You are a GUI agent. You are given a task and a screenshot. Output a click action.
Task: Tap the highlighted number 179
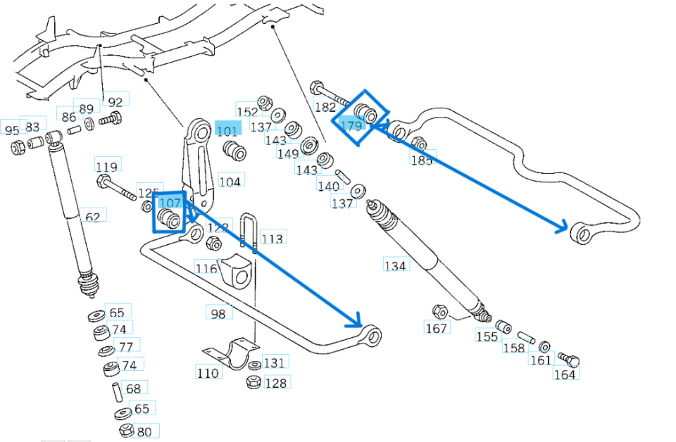point(351,125)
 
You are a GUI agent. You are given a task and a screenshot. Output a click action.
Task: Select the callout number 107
point(170,203)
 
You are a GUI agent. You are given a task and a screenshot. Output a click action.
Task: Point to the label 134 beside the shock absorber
point(395,265)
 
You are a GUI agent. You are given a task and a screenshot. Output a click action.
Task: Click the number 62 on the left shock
point(92,216)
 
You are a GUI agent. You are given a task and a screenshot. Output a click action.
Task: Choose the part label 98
point(218,312)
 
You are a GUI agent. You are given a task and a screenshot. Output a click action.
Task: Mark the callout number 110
point(208,372)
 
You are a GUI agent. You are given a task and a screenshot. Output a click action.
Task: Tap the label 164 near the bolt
point(565,374)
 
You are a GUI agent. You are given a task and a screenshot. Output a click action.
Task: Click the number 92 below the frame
point(115,101)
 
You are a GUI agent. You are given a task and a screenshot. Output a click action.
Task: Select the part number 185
point(422,159)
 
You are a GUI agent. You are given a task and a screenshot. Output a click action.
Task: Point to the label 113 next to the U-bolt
point(272,239)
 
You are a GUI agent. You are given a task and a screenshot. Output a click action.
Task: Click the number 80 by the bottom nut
point(144,431)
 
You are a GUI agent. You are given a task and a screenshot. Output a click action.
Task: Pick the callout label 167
point(437,328)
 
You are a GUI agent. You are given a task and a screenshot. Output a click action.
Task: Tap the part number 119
point(107,167)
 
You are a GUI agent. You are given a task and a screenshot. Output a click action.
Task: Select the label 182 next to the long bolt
point(325,107)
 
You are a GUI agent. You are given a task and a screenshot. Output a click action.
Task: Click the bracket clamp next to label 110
point(232,353)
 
